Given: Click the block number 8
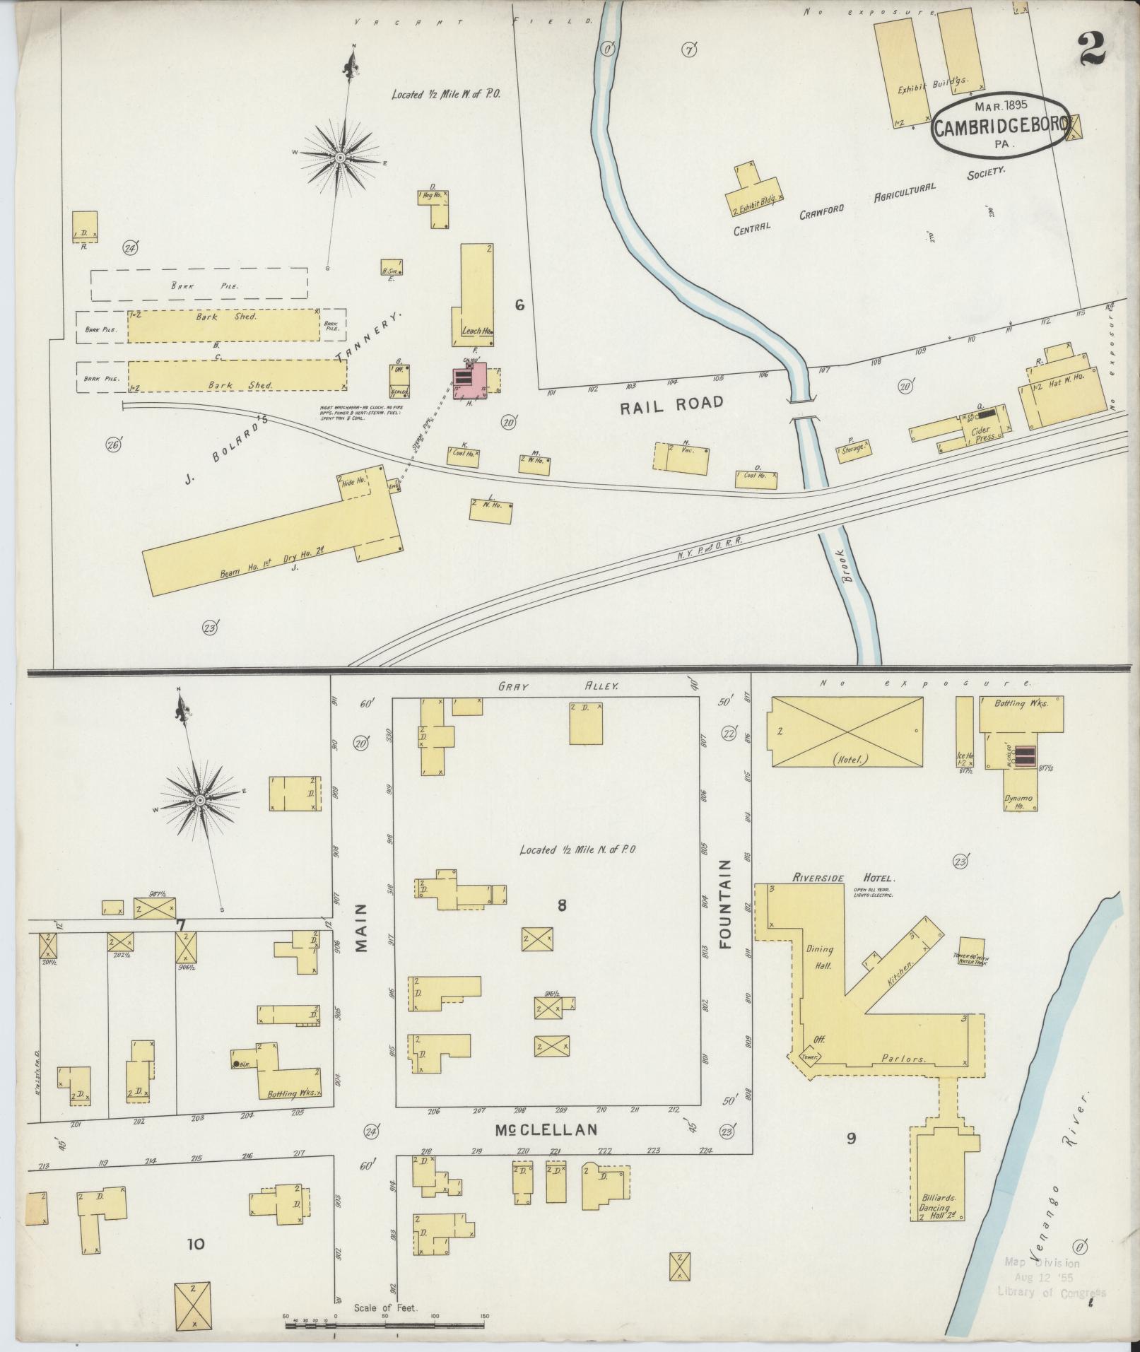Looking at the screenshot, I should (x=562, y=905).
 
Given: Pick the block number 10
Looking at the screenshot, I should (x=195, y=1243).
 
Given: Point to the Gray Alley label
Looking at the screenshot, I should (x=558, y=686).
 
